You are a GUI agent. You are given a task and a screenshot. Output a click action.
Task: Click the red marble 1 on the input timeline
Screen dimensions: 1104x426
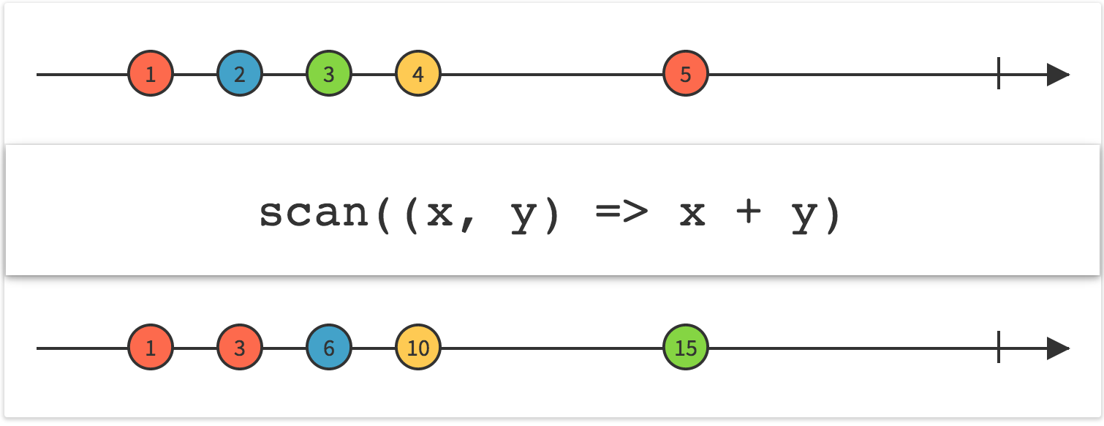point(151,74)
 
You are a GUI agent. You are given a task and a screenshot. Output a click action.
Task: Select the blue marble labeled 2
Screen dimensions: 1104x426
point(240,74)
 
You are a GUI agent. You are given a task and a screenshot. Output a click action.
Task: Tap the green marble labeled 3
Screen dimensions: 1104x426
point(329,74)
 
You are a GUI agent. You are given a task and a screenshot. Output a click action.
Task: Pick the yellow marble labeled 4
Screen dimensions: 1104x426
point(418,74)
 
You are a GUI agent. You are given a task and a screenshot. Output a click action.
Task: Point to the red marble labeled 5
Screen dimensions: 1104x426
point(686,74)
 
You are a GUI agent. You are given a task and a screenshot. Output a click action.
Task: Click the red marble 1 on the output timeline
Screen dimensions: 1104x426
point(151,348)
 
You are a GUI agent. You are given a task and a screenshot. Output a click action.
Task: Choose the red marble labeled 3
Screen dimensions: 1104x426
point(240,348)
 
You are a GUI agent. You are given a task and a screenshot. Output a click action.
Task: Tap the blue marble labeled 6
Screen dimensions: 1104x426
point(329,348)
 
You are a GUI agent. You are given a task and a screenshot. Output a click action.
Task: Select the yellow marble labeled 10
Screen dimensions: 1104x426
point(418,348)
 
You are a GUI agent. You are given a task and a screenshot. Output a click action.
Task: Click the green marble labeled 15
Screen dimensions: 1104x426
point(686,348)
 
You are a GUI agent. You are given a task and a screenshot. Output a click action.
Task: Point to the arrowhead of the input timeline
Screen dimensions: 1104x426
point(1057,74)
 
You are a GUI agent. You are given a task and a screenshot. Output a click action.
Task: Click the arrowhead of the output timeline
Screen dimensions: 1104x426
point(1057,348)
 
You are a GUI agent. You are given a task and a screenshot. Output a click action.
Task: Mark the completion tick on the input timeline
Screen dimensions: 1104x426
point(999,74)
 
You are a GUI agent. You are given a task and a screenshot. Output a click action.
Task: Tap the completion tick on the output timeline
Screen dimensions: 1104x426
point(999,348)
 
